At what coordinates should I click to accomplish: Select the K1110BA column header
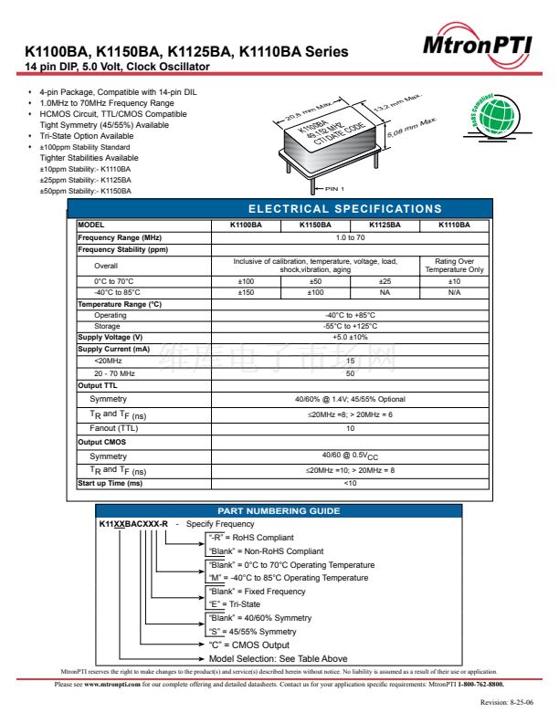(454, 225)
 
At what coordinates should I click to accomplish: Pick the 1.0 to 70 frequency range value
(350, 237)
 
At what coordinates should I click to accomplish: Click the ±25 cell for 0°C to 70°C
(385, 281)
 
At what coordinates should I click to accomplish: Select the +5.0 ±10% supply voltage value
(350, 337)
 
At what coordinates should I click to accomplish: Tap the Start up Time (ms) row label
(111, 483)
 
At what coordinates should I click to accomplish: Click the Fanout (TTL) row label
(114, 427)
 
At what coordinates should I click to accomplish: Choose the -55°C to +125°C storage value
(350, 326)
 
